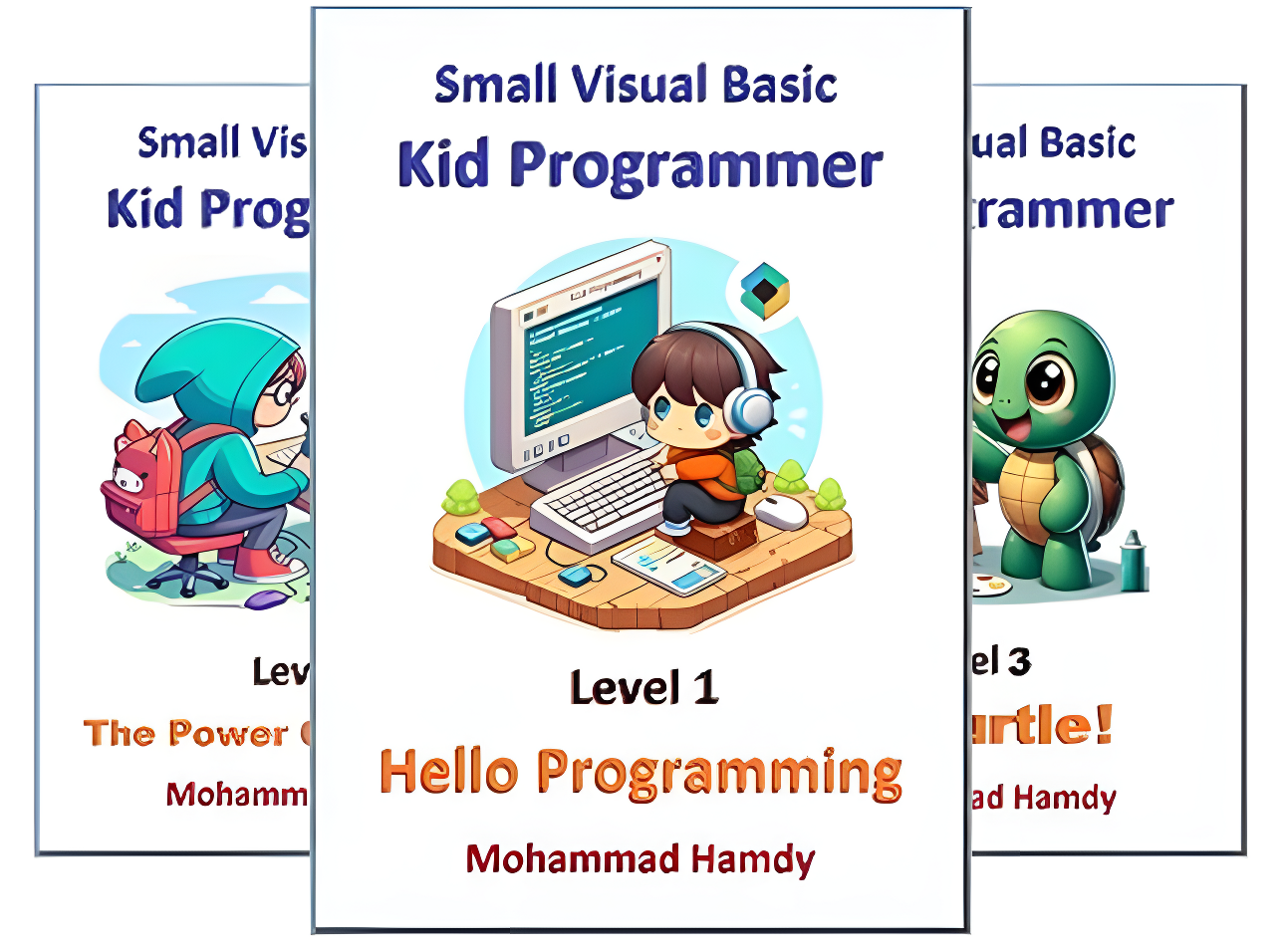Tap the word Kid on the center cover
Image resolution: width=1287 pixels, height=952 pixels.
[x=443, y=165]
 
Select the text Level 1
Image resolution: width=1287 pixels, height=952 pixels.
[x=643, y=688]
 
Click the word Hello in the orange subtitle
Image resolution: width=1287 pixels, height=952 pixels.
[x=449, y=773]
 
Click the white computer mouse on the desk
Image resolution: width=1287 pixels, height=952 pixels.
[x=782, y=513]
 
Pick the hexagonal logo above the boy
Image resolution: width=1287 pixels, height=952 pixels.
[x=764, y=290]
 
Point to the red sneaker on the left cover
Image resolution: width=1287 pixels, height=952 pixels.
[x=268, y=564]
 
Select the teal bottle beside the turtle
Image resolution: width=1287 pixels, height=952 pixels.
[x=1134, y=564]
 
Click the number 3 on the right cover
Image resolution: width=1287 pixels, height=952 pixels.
[x=1019, y=662]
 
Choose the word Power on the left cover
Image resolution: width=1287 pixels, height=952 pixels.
[x=227, y=734]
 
